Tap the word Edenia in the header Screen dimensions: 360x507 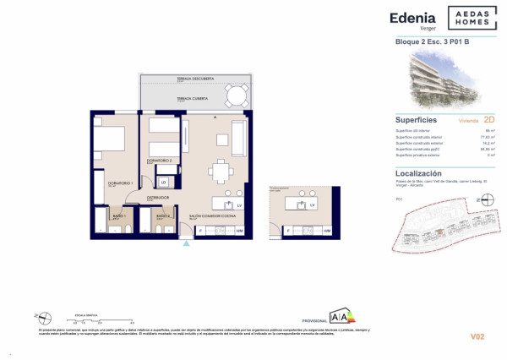(x=413, y=17)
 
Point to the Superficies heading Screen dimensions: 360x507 (x=416, y=120)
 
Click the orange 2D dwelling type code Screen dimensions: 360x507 (x=489, y=120)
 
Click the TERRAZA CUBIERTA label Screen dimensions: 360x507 (x=194, y=99)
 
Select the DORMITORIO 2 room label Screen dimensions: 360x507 (x=160, y=160)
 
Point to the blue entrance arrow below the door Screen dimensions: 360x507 (x=187, y=244)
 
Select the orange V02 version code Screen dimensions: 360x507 (x=477, y=337)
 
